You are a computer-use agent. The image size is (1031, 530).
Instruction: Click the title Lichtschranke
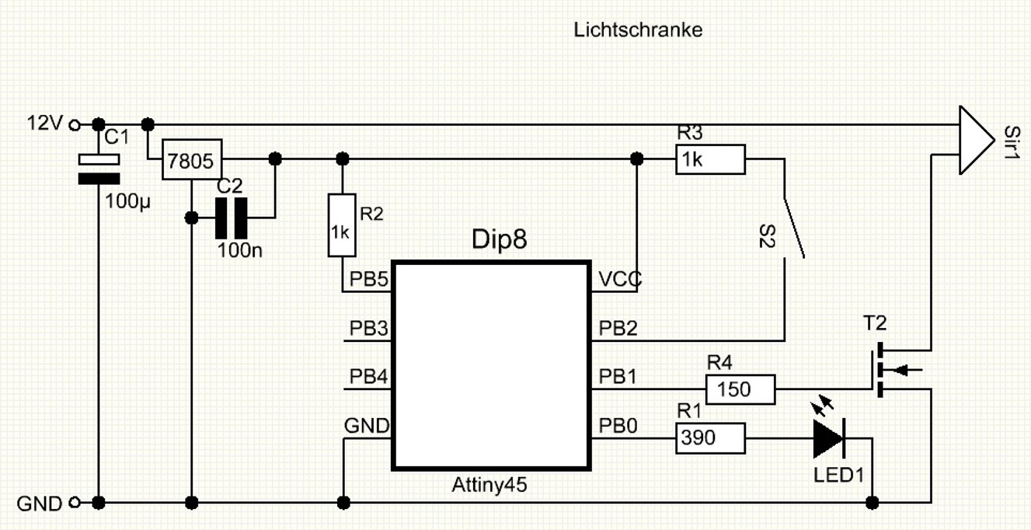coord(638,30)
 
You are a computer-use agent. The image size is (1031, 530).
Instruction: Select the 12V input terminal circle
coord(75,124)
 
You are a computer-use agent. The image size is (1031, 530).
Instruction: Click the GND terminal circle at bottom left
coord(75,503)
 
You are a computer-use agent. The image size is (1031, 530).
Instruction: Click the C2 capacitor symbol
coord(231,218)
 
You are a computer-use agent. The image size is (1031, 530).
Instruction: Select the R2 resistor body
coord(342,225)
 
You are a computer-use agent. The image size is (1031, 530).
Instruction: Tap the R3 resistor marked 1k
coord(710,159)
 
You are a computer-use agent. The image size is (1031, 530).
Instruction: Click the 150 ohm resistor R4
coord(740,389)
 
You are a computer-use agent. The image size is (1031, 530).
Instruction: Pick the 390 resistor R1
coord(710,438)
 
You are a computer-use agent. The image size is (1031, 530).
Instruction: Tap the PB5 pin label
coord(369,280)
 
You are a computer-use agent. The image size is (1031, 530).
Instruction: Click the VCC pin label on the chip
coord(619,280)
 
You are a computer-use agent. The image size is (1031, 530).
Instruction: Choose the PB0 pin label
coord(618,426)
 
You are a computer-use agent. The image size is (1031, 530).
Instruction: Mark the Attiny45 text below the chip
coord(489,485)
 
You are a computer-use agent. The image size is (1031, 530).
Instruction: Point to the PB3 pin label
coord(369,328)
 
